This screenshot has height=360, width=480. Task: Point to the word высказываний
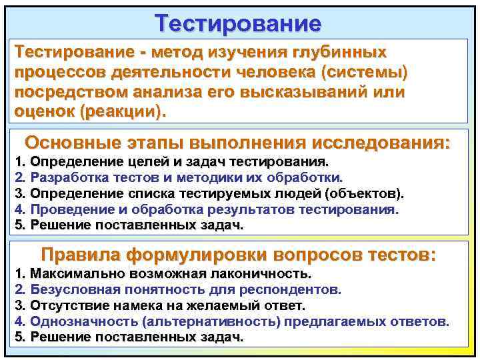(307, 92)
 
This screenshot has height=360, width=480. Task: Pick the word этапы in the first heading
(151, 142)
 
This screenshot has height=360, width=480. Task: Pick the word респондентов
(300, 290)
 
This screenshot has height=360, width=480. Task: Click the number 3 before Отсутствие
(19, 306)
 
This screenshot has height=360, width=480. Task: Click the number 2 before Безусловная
(19, 290)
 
